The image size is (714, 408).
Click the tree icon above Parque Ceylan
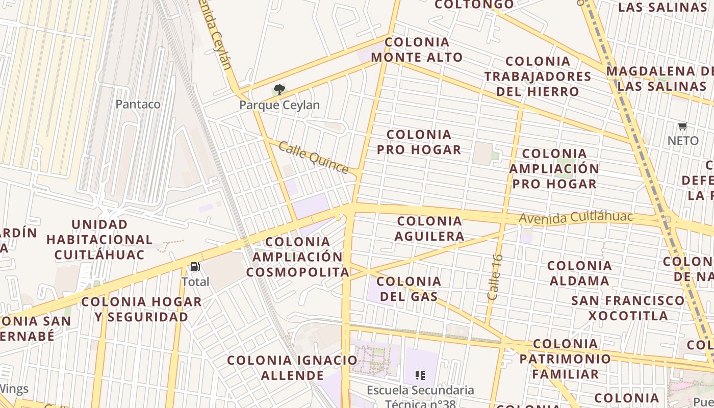pyautogui.click(x=279, y=90)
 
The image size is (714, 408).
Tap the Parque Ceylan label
pyautogui.click(x=279, y=105)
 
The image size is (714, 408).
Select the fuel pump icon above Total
pyautogui.click(x=195, y=267)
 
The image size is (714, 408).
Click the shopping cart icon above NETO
pyautogui.click(x=682, y=126)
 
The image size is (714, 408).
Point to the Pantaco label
pyautogui.click(x=138, y=104)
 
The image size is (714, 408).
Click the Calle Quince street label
pyautogui.click(x=313, y=158)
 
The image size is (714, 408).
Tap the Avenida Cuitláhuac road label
pyautogui.click(x=576, y=217)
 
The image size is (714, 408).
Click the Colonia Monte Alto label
pyautogui.click(x=417, y=49)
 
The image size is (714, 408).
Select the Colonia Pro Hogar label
pyautogui.click(x=419, y=142)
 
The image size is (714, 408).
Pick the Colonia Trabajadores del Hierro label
pyautogui.click(x=538, y=76)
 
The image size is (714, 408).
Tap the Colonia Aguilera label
pyautogui.click(x=429, y=228)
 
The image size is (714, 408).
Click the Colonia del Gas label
pyautogui.click(x=409, y=289)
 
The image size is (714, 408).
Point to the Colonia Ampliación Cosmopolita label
pyautogui.click(x=298, y=257)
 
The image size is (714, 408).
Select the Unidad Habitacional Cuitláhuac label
pyautogui.click(x=99, y=239)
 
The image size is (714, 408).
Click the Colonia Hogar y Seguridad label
pyautogui.click(x=141, y=309)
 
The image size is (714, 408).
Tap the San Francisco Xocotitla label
pyautogui.click(x=628, y=308)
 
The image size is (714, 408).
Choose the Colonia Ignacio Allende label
pyautogui.click(x=292, y=368)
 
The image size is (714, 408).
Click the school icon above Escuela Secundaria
pyautogui.click(x=420, y=376)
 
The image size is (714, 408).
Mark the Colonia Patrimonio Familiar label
pyautogui.click(x=565, y=359)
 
